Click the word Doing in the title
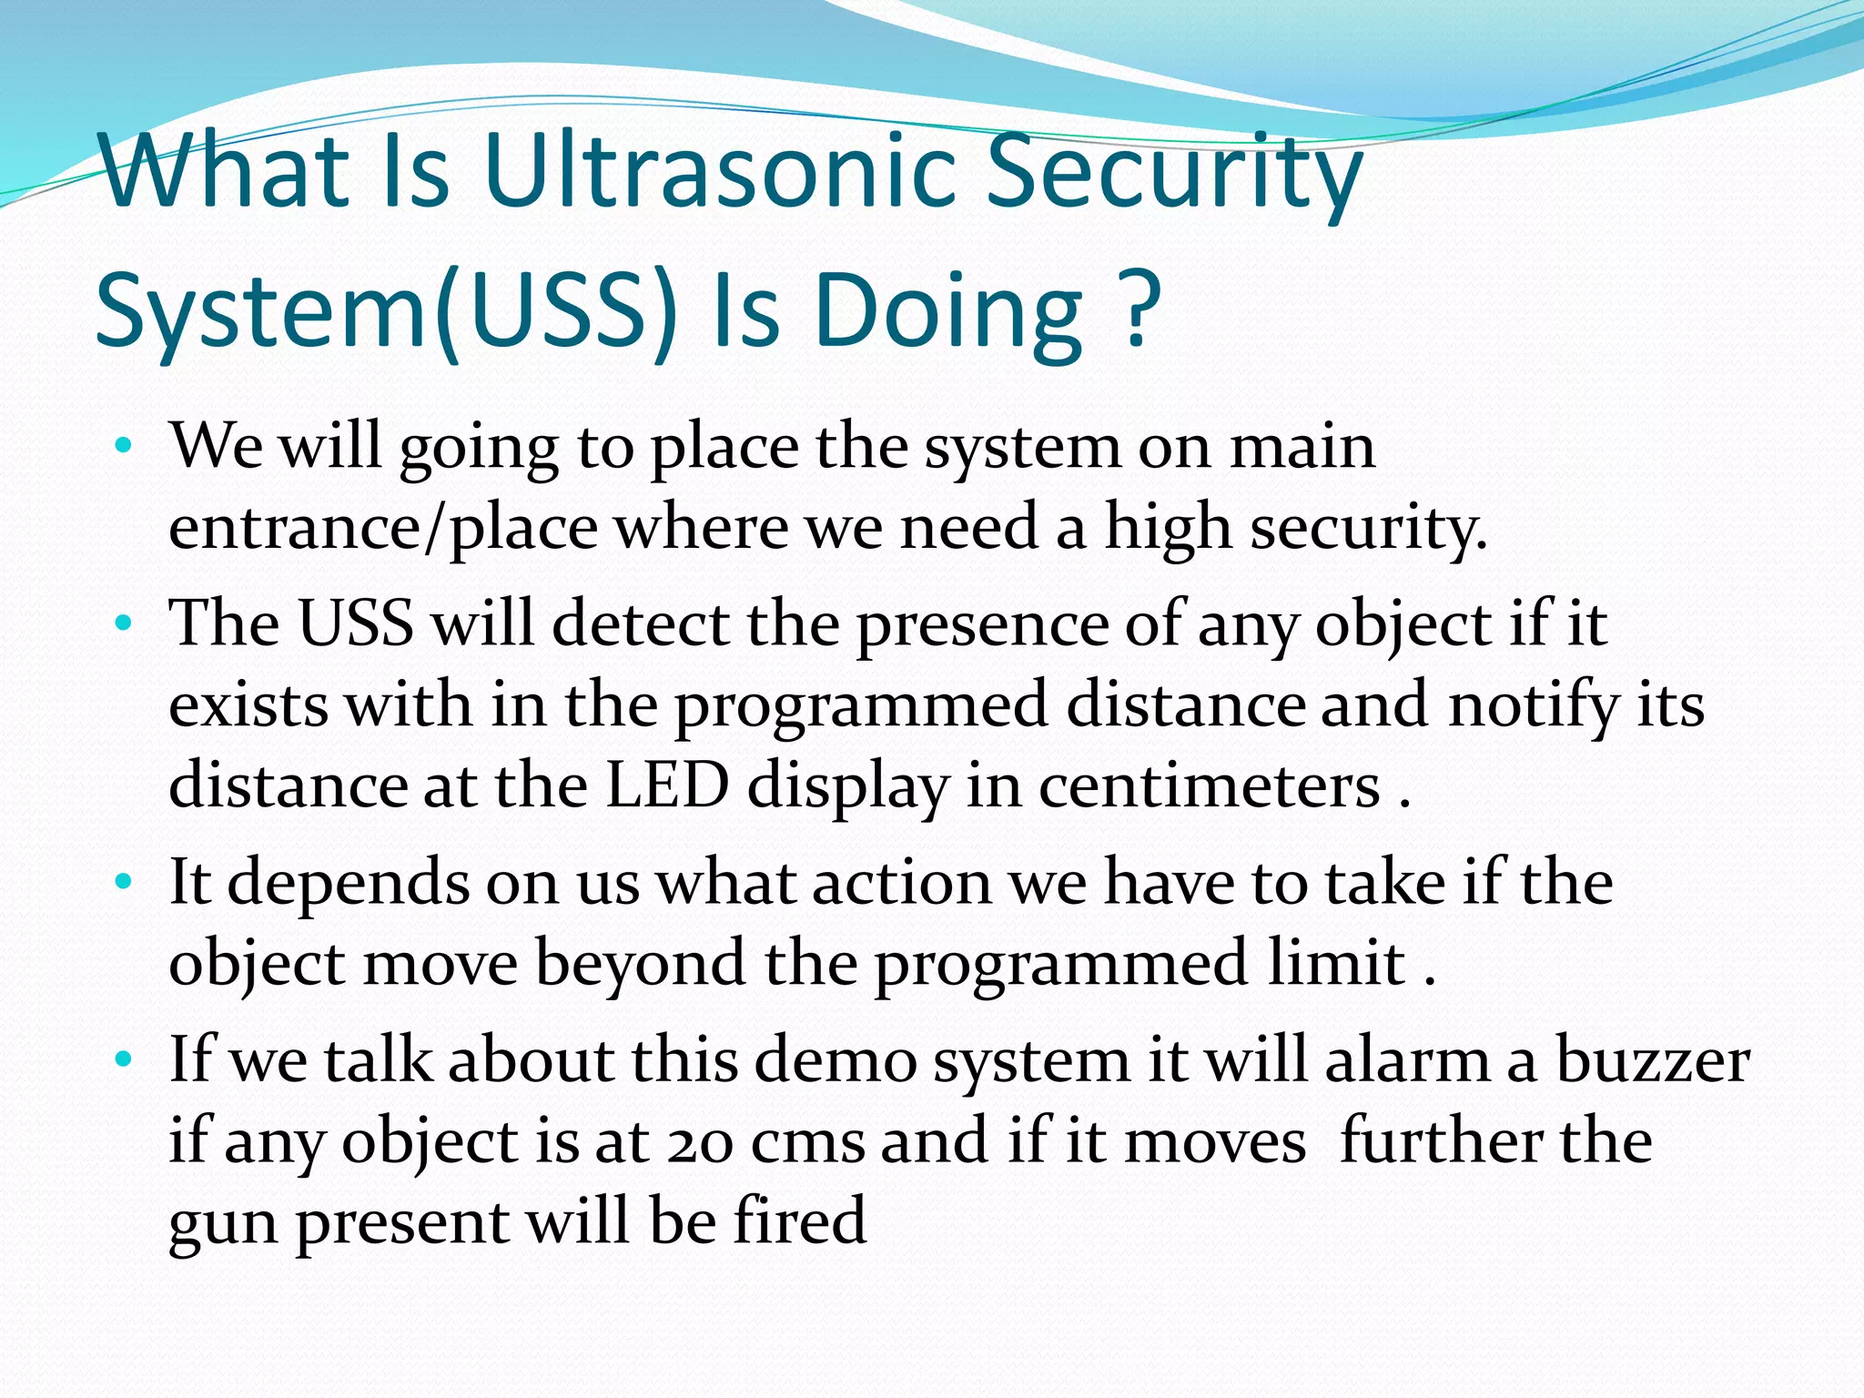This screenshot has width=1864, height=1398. (950, 314)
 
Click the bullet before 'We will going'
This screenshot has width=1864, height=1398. (125, 447)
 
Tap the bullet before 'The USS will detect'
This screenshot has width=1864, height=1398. (125, 624)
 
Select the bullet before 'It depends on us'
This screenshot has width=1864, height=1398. (125, 882)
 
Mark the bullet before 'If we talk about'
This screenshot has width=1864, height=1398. (125, 1059)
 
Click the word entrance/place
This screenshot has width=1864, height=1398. (383, 528)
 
